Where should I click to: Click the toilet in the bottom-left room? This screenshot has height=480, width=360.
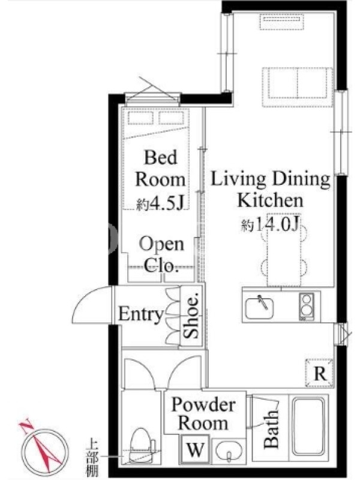click(142, 445)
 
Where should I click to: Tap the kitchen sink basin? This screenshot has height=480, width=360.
click(259, 307)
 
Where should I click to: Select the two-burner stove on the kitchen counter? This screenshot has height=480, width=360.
click(307, 307)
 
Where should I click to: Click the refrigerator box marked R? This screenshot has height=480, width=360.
click(320, 373)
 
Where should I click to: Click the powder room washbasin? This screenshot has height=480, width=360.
click(229, 452)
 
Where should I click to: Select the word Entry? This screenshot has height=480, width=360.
click(141, 314)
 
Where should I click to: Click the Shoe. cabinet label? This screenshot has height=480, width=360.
click(192, 316)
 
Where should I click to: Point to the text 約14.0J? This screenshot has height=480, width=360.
click(270, 225)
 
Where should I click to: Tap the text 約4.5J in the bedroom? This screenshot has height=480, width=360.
click(160, 203)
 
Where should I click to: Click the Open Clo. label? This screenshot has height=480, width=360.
click(161, 254)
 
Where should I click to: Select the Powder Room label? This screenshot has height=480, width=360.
click(203, 413)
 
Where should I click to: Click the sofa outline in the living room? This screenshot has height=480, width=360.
click(297, 87)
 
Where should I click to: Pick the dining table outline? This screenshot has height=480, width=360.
click(284, 250)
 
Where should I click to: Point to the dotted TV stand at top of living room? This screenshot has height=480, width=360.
click(281, 22)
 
